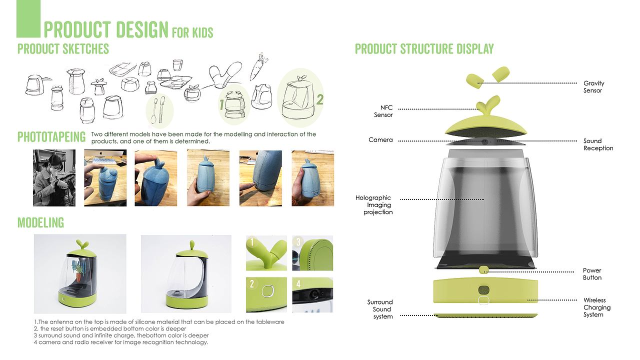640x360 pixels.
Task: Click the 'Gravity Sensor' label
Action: tap(593, 87)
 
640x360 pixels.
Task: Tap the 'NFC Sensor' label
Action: tap(383, 111)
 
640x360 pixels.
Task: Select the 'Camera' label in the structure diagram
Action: tap(380, 139)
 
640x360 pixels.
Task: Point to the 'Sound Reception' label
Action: tap(598, 144)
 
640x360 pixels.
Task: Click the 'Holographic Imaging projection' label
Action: tap(374, 205)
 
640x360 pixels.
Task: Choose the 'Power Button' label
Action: tap(592, 274)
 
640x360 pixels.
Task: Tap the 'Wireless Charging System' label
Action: tap(597, 307)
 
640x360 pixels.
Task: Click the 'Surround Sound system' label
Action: tap(380, 309)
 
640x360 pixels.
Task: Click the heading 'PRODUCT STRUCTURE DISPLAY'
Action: tap(424, 49)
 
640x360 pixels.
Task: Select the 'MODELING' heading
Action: tap(40, 222)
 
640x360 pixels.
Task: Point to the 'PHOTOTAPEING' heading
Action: tap(51, 137)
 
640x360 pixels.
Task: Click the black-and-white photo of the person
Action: tap(54, 177)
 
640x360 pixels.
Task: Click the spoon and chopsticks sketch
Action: tap(159, 110)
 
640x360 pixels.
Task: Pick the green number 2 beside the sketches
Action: tap(319, 99)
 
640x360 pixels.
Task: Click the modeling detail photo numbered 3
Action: tap(312, 253)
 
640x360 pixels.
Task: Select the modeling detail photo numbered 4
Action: tap(312, 295)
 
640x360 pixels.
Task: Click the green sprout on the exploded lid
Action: tap(489, 105)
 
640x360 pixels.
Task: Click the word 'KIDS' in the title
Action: tap(202, 32)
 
